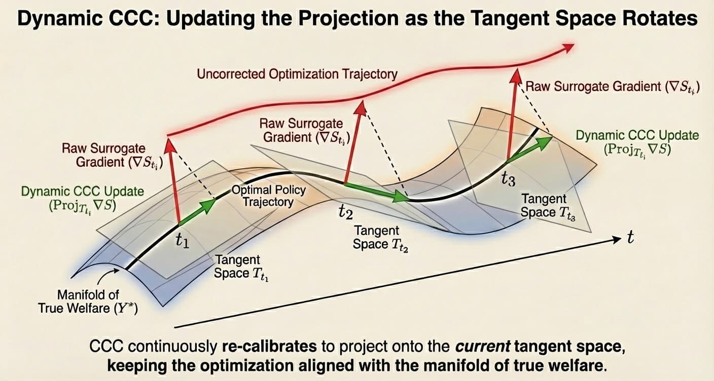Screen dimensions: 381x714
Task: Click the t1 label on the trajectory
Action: (x=182, y=242)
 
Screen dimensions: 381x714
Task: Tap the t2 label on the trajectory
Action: (x=345, y=212)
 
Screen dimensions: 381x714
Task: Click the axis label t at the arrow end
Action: (x=630, y=238)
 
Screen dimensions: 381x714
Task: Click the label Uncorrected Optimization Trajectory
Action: (x=297, y=74)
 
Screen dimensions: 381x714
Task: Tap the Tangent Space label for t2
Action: (x=378, y=237)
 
